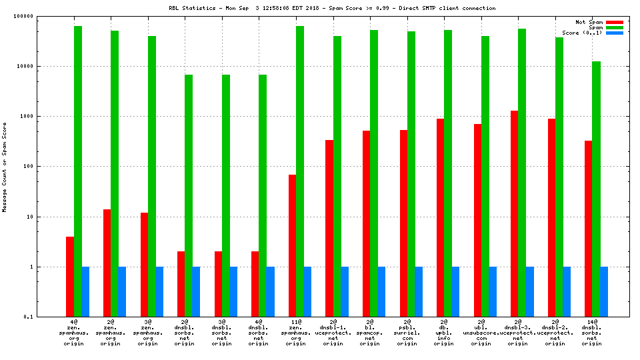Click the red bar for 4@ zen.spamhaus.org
tap(70, 276)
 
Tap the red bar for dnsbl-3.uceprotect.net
tap(514, 213)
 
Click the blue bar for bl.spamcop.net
tap(381, 291)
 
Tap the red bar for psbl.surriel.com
tap(403, 223)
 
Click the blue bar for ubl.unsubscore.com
tap(493, 291)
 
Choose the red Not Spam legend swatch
tap(614, 22)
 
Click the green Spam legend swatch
tap(614, 27)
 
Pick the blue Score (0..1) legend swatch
tap(614, 33)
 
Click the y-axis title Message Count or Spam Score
tap(5, 167)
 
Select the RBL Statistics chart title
tap(331, 8)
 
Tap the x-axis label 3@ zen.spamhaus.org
tap(152, 333)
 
